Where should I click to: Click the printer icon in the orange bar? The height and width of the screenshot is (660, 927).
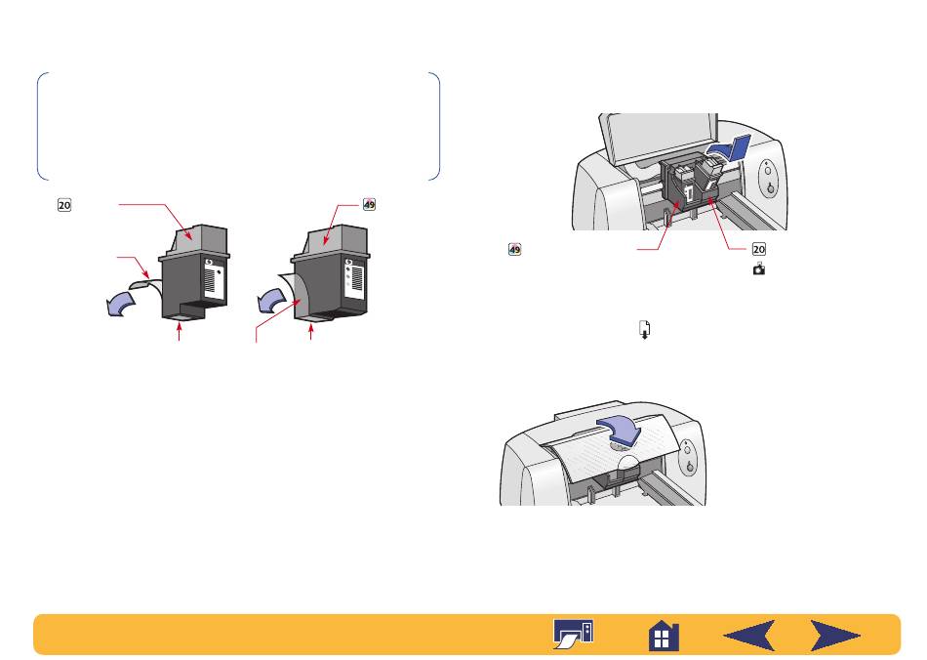click(x=573, y=634)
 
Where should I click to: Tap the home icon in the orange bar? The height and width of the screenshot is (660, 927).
click(x=664, y=636)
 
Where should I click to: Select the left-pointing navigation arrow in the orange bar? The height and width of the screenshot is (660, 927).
click(x=749, y=636)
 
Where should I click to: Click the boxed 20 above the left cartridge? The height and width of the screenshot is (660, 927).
click(x=63, y=205)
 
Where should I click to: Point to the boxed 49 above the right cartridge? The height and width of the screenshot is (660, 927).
click(x=369, y=205)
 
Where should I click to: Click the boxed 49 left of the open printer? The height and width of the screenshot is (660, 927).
click(x=515, y=250)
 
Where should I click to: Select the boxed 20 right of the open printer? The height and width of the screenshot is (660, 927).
click(x=759, y=249)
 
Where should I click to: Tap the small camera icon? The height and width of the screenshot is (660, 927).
click(x=759, y=269)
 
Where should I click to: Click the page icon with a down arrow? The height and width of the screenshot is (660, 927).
click(x=644, y=329)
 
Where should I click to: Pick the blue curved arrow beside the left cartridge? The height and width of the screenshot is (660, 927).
click(x=120, y=304)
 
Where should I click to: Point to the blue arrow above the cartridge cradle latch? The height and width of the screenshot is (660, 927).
click(x=730, y=149)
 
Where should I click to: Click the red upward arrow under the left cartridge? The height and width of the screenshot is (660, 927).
click(x=179, y=332)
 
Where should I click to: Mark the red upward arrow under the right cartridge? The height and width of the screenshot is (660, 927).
click(x=311, y=332)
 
